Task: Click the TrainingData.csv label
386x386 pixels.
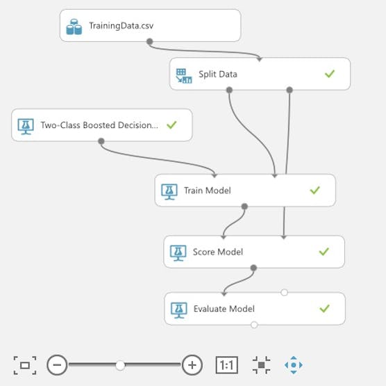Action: pos(121,26)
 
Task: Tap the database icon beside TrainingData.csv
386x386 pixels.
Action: pos(74,27)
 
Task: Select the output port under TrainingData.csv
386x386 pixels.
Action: pos(149,42)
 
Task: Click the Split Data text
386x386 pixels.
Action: pos(218,74)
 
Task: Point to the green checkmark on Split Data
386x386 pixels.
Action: pos(330,74)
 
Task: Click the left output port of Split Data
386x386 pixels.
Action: pos(229,90)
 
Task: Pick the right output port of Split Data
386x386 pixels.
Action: pos(289,90)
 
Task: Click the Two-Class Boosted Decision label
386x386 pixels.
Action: pos(99,125)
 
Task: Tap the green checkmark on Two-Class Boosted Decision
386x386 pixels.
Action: pos(171,124)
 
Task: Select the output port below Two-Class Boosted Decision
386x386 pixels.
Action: pos(101,141)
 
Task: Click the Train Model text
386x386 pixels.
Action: pos(208,191)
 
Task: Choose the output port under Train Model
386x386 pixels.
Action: pos(244,206)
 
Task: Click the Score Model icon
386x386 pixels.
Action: pos(178,252)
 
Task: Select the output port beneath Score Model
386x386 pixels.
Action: pos(253,268)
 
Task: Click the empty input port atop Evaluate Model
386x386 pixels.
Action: pos(284,292)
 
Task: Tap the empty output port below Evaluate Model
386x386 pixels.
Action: pos(254,325)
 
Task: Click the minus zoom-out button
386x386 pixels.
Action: pos(57,365)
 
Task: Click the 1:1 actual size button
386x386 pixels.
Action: pos(227,365)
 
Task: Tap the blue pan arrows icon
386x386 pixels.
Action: pos(294,365)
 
